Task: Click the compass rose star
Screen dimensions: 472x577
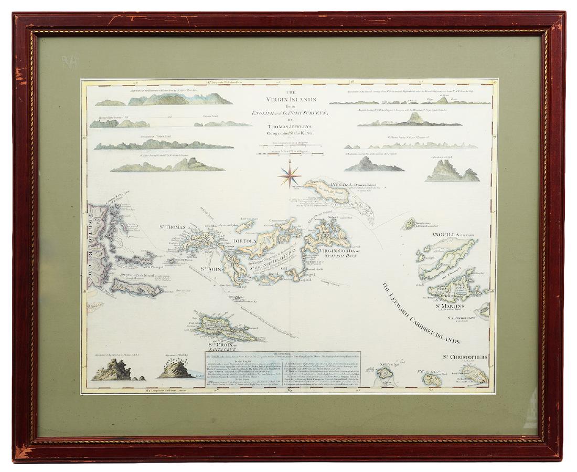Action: [288, 174]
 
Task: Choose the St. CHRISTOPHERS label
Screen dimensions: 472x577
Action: [465, 356]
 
